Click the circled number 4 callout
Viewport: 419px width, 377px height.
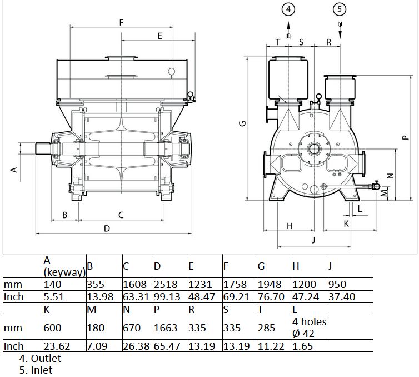[x=288, y=9]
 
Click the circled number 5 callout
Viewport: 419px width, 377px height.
[x=340, y=9]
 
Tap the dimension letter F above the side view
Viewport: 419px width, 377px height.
[x=121, y=22]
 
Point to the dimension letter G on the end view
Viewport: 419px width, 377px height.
[x=243, y=123]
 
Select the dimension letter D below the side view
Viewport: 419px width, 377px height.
[x=107, y=229]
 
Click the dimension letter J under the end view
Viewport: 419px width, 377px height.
[x=314, y=240]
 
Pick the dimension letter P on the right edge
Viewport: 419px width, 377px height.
[x=406, y=138]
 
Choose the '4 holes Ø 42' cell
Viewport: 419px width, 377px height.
[x=310, y=328]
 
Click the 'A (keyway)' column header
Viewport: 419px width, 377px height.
[x=64, y=266]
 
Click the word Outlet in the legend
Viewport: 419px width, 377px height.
[x=46, y=358]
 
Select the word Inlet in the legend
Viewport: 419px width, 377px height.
[x=42, y=370]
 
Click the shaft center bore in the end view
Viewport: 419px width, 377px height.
[x=315, y=148]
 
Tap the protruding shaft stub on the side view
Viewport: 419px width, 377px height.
[x=43, y=148]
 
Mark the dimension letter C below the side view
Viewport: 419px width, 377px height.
[x=121, y=215]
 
